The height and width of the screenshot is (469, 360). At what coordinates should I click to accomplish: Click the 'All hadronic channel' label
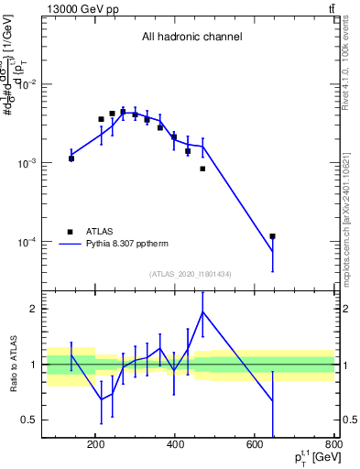[x=191, y=38]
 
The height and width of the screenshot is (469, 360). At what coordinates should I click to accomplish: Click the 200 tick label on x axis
[x=95, y=446]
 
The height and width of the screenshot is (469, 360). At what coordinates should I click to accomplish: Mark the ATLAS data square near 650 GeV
[x=273, y=236]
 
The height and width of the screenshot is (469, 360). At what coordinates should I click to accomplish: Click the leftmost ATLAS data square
[x=71, y=158]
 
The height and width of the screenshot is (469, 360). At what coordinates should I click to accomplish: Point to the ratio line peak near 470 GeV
[x=202, y=311]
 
